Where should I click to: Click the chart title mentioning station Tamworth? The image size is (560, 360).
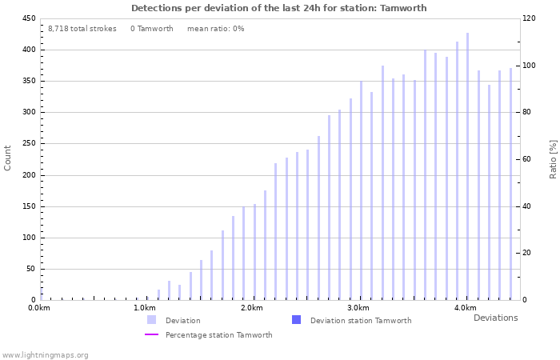coord(278,8)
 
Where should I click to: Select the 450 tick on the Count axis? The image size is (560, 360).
coord(28,18)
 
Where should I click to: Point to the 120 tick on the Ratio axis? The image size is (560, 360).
coord(530,18)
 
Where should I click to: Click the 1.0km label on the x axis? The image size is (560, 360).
coord(144,308)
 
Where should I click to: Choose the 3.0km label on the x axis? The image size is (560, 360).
coord(358,308)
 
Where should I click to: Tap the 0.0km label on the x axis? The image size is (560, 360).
coord(38,308)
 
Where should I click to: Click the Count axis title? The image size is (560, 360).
coord(8,158)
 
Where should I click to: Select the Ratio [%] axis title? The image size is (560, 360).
coord(553,158)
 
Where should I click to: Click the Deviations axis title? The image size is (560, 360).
coord(495,318)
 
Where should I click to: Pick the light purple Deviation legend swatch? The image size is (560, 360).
coord(151,320)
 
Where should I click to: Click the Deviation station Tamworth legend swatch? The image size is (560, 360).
coord(296,320)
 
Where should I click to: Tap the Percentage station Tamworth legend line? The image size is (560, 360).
coord(151,334)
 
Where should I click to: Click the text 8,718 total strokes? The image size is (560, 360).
coord(82,29)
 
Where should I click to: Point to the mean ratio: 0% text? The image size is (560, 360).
coord(215,29)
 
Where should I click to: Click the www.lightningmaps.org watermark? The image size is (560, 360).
coord(45,354)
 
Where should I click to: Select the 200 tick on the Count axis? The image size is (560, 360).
coord(28,175)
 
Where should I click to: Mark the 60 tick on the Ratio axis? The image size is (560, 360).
coord(530,159)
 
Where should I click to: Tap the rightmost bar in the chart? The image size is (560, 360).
coord(510,184)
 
